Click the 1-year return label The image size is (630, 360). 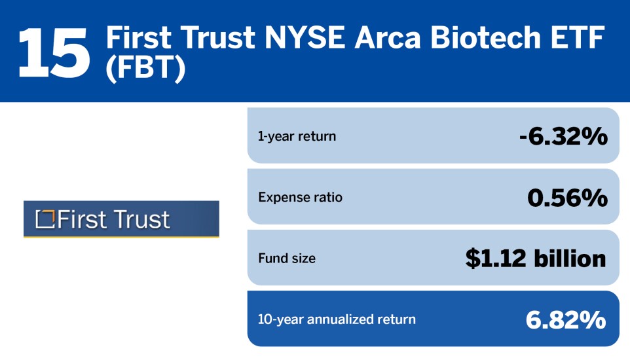pos(297,137)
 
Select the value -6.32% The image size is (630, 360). pos(562,137)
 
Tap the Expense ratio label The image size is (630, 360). pos(300,197)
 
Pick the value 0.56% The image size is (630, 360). pos(567,197)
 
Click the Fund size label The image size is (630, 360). pos(287,259)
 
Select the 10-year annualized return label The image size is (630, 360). pos(337,319)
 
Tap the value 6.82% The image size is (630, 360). pos(566,319)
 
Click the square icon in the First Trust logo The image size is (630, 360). pos(45,219)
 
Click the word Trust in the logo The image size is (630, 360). pos(140,219)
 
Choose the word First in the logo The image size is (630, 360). pos(81,219)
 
